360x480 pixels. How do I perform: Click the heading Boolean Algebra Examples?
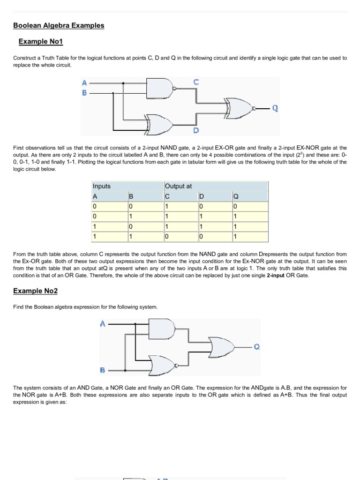(x=59, y=25)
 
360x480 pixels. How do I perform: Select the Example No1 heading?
(x=40, y=42)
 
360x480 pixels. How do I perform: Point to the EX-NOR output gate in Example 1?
(x=239, y=107)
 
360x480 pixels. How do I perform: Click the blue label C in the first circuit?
(x=196, y=82)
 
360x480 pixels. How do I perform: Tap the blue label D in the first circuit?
(x=196, y=130)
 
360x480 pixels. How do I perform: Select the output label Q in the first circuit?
(x=275, y=108)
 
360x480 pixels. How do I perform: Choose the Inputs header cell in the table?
(x=102, y=186)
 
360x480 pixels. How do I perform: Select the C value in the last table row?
(x=166, y=236)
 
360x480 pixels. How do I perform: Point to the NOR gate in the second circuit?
(x=161, y=364)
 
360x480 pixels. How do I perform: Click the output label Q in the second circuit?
(x=256, y=347)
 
